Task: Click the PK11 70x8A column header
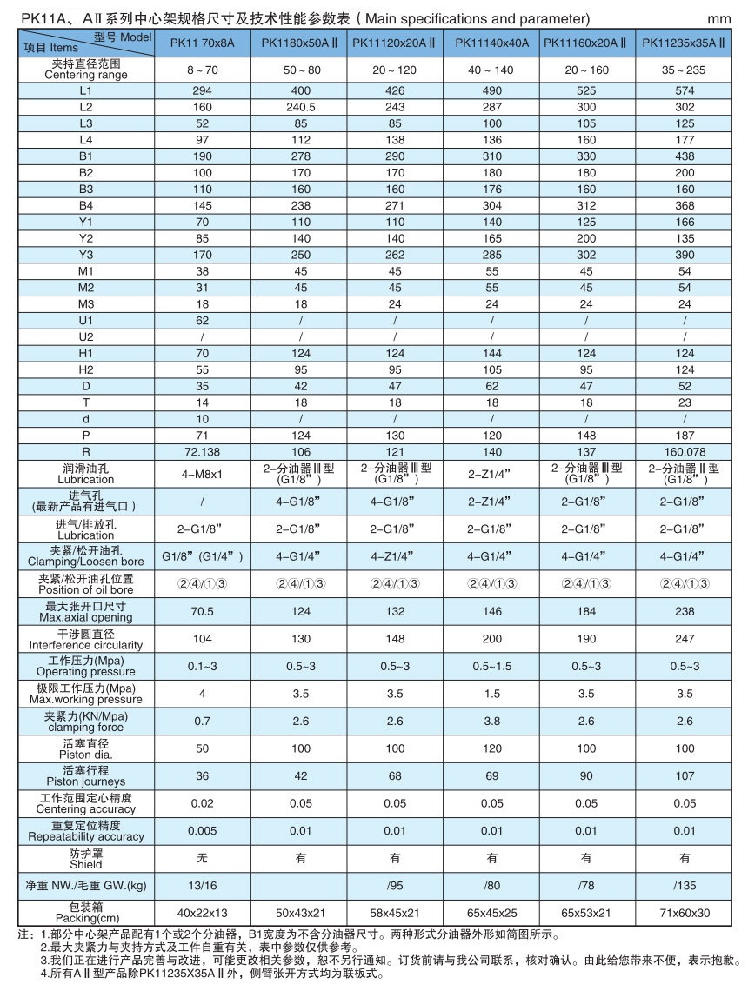pos(202,42)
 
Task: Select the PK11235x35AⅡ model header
pos(685,42)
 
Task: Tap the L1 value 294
pos(202,90)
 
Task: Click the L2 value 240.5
pos(299,107)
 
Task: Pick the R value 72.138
pos(202,451)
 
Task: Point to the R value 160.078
pos(685,451)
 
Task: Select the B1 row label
pos(85,156)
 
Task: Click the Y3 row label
pos(85,255)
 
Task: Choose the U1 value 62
pos(202,320)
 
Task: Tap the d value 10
pos(202,418)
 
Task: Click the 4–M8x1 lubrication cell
pos(202,475)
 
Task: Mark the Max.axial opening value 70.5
pos(202,611)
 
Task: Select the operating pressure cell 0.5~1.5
pos(492,666)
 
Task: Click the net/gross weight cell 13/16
pos(202,886)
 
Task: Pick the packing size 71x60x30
pos(685,913)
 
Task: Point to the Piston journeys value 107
pos(685,775)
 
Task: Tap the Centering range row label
pos(85,69)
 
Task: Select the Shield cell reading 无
pos(202,858)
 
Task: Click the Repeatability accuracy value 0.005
pos(202,831)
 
